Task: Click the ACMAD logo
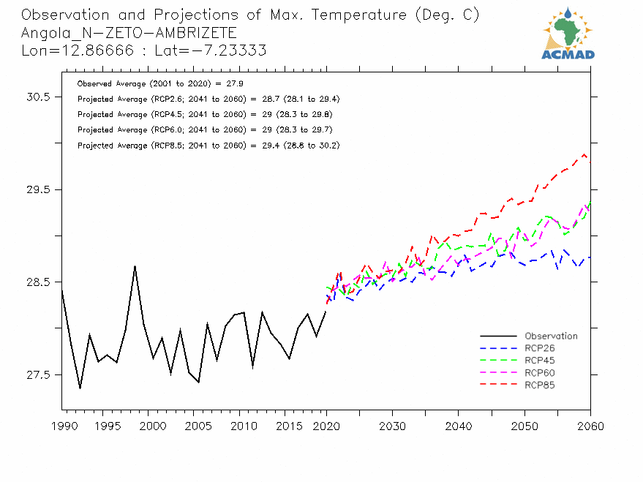click(568, 33)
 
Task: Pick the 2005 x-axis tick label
click(194, 426)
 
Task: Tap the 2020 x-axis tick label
click(326, 426)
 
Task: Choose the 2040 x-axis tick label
click(458, 426)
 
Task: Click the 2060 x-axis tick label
click(590, 426)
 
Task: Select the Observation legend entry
click(551, 336)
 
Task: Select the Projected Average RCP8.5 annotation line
click(208, 146)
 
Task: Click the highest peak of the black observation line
click(135, 266)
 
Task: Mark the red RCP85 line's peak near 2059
click(584, 154)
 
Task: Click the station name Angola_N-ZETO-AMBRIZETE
click(129, 33)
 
